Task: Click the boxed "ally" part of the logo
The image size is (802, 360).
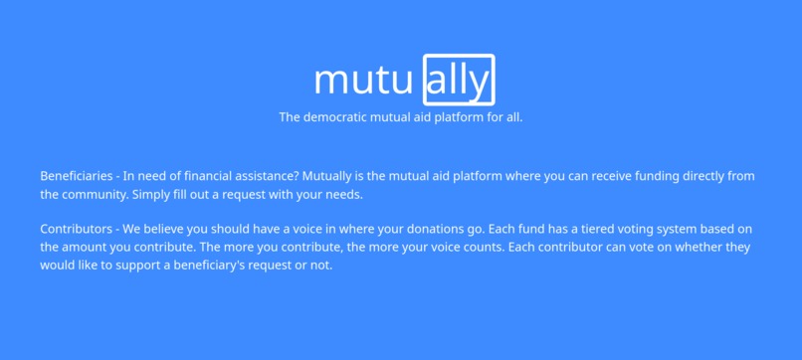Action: (x=459, y=80)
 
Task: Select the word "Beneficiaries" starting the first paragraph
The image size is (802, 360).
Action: (x=76, y=176)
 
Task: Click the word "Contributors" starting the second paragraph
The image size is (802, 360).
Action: (x=76, y=229)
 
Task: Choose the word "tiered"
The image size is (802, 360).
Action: (x=587, y=229)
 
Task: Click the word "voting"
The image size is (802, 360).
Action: (x=630, y=229)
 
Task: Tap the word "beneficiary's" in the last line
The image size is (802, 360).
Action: (x=231, y=265)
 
